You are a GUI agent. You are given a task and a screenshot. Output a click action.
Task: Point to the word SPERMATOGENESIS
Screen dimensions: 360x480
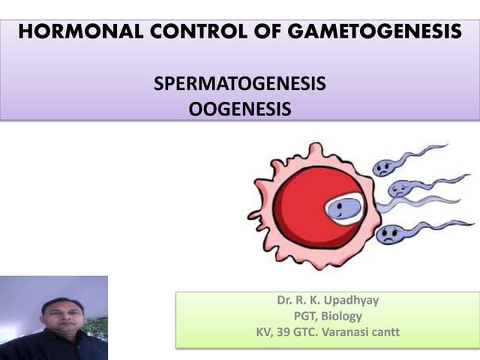pos(240,84)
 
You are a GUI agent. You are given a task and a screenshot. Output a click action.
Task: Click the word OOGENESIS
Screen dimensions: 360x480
pos(240,109)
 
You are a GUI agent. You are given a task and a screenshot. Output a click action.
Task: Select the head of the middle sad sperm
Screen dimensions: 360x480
pos(400,187)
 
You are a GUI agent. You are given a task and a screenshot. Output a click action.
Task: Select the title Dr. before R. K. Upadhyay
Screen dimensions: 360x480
pos(286,301)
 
